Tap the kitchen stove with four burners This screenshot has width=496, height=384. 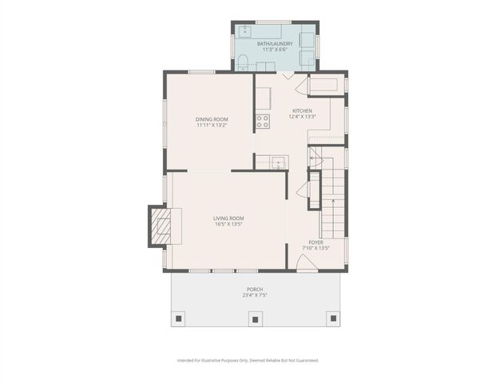tap(262, 122)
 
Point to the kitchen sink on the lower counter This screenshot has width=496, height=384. tap(277, 162)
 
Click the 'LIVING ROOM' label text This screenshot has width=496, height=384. tap(228, 218)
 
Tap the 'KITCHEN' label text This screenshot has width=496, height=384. tap(302, 110)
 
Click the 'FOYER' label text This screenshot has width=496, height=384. tap(315, 242)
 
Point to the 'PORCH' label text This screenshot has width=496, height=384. tap(255, 289)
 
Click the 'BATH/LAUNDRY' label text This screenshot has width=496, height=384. tap(275, 43)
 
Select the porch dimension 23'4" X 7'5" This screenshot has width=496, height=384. tap(255, 295)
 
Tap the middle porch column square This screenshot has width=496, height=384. tap(255, 320)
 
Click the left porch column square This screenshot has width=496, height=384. tap(180, 320)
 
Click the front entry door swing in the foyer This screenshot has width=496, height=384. tap(304, 263)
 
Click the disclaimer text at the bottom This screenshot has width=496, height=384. tap(248, 360)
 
